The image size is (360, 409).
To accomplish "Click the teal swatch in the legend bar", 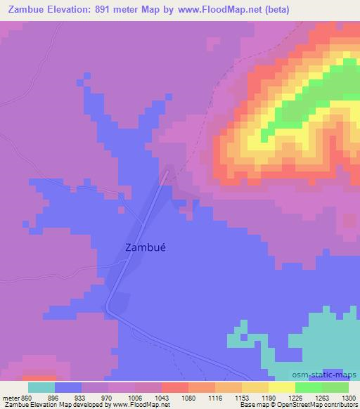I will (41, 387).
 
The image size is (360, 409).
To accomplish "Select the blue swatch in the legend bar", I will (68, 387).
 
